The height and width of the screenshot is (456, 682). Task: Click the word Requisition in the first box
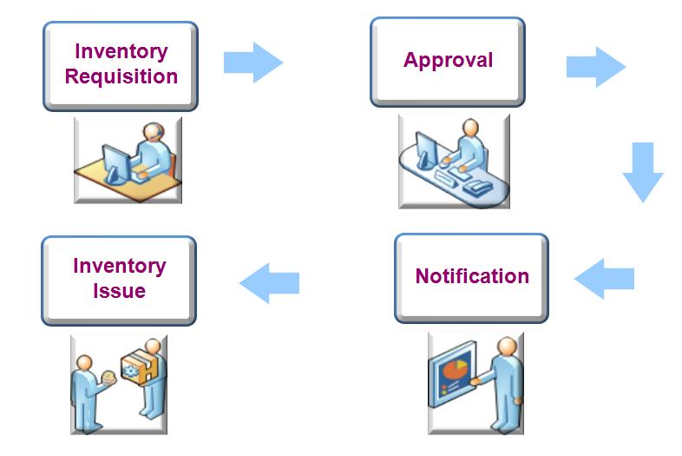pos(121,76)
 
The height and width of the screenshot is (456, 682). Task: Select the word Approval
pos(448,60)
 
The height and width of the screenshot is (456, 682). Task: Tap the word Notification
pos(472,276)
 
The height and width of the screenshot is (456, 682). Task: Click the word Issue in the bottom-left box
pos(119,291)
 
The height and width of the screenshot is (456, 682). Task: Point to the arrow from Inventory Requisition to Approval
pos(253,63)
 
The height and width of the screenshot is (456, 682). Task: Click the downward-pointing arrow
pos(643,172)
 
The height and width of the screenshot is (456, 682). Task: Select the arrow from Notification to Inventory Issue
pos(269,282)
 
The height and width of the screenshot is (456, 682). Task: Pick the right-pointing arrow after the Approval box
pos(596,67)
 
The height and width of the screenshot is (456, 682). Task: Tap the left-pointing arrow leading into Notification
pos(604,279)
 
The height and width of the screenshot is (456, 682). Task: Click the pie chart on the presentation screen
pos(454,370)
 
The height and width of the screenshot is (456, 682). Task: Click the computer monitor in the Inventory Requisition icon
pos(115,163)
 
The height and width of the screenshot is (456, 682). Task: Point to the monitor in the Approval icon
pos(426,149)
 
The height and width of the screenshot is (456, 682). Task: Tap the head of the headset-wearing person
pos(154,131)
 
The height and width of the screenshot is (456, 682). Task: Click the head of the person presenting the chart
pos(507,347)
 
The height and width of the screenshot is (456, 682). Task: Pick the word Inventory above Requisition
pos(121,52)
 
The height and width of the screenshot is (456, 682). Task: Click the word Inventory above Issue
pos(120,267)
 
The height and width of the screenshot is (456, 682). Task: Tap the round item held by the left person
pos(108,377)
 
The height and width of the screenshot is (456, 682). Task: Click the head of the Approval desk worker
pos(470,128)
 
